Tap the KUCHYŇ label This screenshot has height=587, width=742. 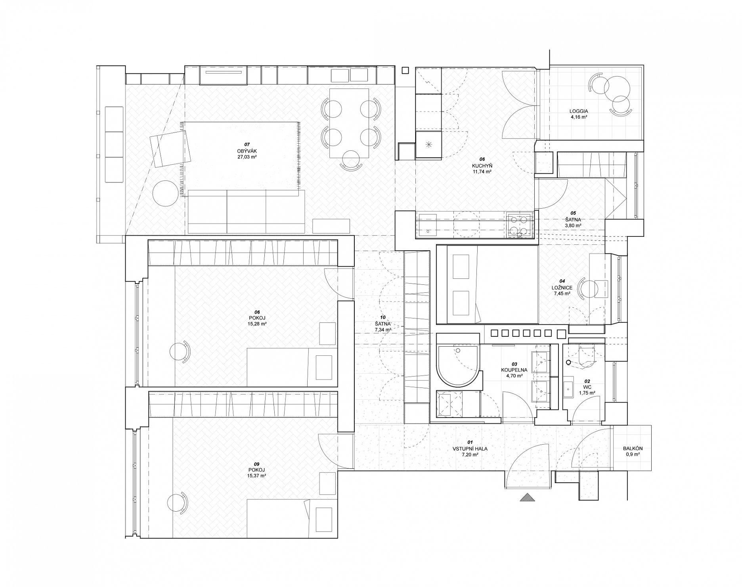[x=482, y=165]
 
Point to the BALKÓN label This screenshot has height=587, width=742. [x=633, y=449]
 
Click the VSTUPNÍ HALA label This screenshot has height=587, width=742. [x=470, y=449]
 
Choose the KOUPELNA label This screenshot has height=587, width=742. [x=514, y=370]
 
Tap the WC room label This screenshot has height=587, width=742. [x=587, y=387]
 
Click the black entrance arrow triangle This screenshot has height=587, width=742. [x=527, y=497]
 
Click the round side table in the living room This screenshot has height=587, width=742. [x=165, y=193]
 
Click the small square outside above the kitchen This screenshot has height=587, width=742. [x=405, y=71]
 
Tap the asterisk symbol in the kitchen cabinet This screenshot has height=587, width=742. [x=428, y=145]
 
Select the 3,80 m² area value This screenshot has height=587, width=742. [x=573, y=225]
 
